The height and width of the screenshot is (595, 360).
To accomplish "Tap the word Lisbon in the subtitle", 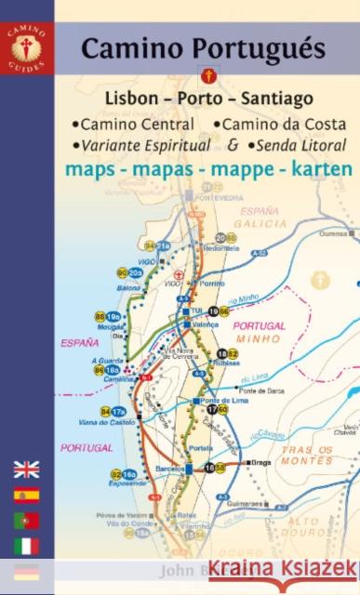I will click(138, 98).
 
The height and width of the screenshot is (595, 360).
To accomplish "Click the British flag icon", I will click(27, 469).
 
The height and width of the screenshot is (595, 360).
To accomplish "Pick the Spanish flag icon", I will click(27, 495).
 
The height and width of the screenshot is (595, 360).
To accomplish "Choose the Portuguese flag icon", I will click(27, 520).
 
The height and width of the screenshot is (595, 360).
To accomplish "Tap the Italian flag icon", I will click(27, 545).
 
